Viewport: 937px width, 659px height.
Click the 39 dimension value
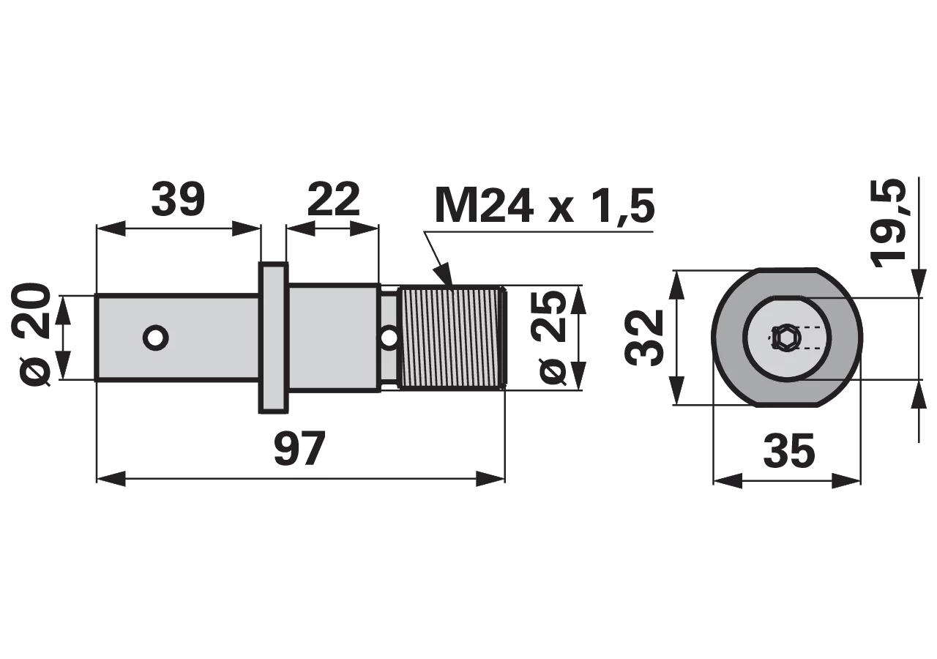pyautogui.click(x=178, y=199)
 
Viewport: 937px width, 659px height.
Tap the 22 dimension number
pyautogui.click(x=333, y=199)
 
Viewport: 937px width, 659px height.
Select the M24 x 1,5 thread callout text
pyautogui.click(x=545, y=206)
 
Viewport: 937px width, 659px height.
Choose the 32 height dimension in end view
pyautogui.click(x=643, y=338)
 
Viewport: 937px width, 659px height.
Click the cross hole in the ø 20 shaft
pyautogui.click(x=156, y=338)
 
